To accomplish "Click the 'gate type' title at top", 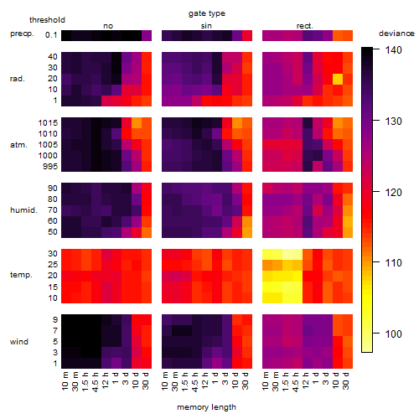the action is tap(207, 13).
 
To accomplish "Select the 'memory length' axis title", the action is tap(206, 407).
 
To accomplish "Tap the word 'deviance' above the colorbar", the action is tap(396, 34).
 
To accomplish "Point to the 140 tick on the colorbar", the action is tap(376, 49).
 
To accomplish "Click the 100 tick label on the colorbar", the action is tap(393, 334).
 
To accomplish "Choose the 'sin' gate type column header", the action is tap(206, 26).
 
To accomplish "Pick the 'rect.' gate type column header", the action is tap(304, 26).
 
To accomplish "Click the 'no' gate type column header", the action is tap(108, 26).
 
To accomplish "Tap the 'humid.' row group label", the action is tap(23, 210).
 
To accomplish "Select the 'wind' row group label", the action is tap(19, 342).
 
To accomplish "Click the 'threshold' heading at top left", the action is tap(47, 20).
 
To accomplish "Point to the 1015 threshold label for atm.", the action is tap(48, 123).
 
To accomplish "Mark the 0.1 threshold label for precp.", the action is tap(51, 35).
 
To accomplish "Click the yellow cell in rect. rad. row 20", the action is tap(338, 79).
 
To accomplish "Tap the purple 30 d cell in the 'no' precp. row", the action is tap(147, 36).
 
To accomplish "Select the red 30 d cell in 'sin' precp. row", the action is tap(247, 36).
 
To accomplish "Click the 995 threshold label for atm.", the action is tap(50, 167).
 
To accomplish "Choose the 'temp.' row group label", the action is tap(21, 275).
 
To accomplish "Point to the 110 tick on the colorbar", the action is tap(376, 262).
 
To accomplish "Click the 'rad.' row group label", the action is tap(18, 79).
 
